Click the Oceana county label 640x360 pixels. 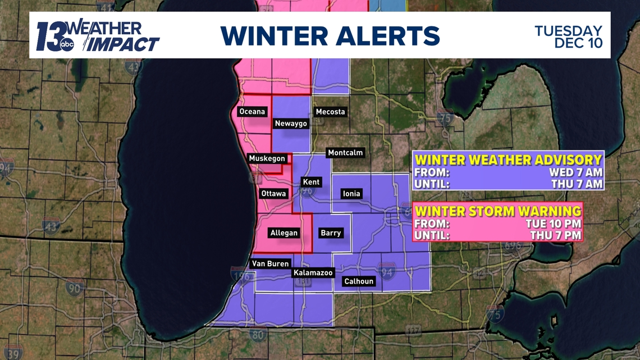click(252, 112)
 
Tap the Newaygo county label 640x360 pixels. click(290, 124)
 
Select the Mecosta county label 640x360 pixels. click(330, 112)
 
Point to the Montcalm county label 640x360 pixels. click(345, 153)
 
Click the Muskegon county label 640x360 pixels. click(267, 159)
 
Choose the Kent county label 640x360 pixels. click(311, 182)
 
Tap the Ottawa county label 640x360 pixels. click(273, 194)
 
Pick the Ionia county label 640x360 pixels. click(351, 194)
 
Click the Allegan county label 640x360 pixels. click(284, 233)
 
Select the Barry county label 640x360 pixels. click(331, 233)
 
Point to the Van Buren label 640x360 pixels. click(270, 263)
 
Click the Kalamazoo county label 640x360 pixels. click(313, 273)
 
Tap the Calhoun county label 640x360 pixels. click(359, 281)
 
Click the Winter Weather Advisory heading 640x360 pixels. click(508, 160)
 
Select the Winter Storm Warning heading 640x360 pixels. click(497, 211)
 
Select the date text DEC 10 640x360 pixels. click(578, 43)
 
